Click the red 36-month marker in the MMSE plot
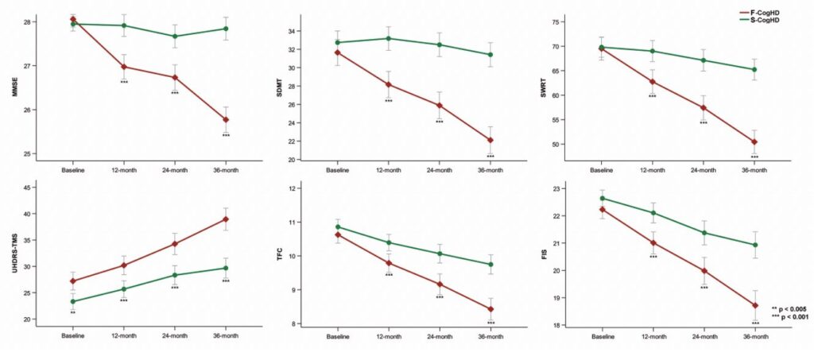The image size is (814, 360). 226,120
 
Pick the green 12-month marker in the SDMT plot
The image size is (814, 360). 389,38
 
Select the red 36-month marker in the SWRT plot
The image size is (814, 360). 754,142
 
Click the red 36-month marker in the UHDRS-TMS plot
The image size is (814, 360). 226,219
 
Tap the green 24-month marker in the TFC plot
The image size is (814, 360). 440,254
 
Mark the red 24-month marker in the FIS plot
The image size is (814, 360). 703,270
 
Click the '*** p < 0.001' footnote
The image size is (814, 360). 790,317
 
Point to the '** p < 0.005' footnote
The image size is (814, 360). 791,308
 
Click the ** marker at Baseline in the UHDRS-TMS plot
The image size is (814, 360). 73,313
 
